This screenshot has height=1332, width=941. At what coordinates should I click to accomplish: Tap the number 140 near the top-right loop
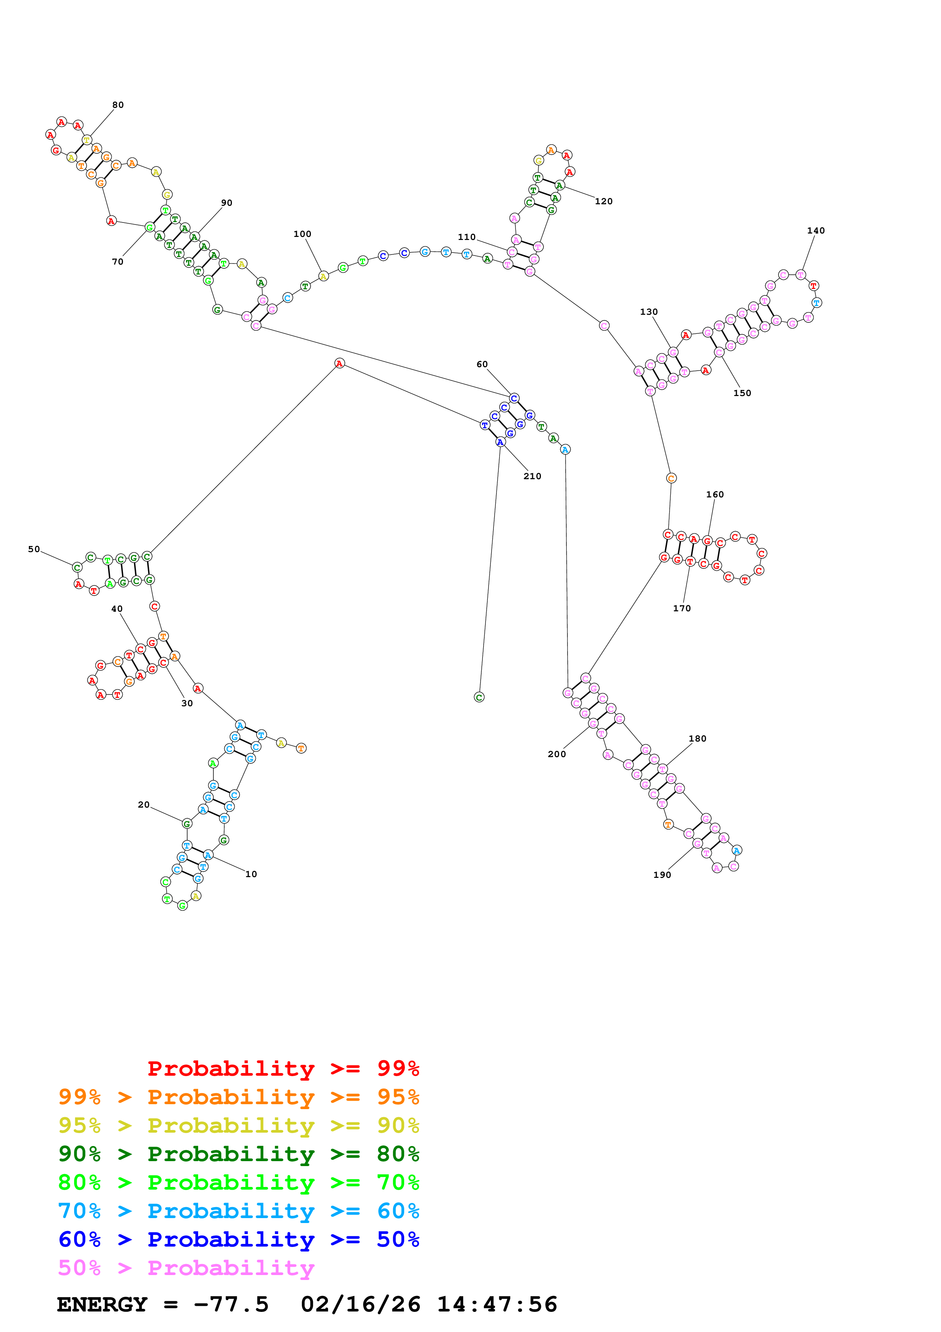click(815, 230)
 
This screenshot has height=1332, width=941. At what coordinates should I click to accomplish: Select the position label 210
click(532, 476)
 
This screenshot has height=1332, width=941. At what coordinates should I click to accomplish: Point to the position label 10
click(251, 874)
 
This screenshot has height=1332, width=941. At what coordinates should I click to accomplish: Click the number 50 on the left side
click(34, 549)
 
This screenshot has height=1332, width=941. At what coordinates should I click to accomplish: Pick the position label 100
click(302, 234)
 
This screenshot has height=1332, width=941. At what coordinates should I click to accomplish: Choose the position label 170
click(681, 608)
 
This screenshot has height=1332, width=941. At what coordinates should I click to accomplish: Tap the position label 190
click(662, 875)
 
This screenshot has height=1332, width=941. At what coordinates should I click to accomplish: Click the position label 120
click(603, 201)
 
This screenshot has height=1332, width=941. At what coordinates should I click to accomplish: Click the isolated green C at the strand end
click(479, 697)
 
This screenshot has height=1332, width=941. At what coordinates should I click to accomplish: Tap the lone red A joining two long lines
click(339, 363)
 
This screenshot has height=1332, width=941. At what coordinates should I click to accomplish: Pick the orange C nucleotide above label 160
click(671, 478)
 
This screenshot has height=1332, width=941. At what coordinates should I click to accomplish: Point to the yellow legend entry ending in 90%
click(238, 1125)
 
